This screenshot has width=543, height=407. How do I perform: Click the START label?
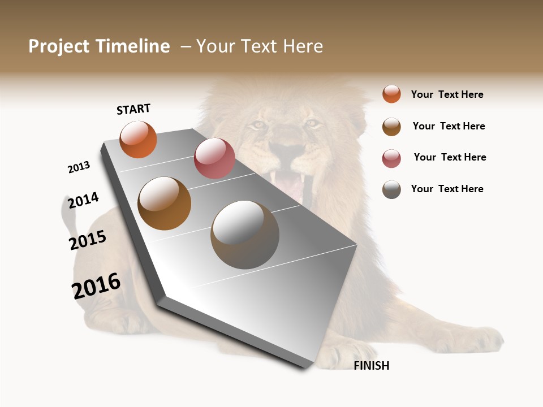(133, 109)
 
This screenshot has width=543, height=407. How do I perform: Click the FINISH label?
(371, 366)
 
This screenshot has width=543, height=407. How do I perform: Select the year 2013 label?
(79, 167)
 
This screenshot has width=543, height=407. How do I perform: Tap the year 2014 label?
(83, 200)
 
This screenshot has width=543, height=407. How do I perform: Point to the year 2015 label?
(88, 240)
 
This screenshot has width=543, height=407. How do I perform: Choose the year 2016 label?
(96, 286)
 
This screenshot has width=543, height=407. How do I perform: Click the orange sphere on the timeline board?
(138, 140)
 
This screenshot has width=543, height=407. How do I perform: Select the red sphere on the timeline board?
(214, 158)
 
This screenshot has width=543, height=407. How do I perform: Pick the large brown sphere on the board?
(165, 203)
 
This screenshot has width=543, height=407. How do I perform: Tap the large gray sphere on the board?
(245, 235)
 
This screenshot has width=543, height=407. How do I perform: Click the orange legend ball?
(391, 94)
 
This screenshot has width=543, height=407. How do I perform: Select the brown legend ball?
(391, 127)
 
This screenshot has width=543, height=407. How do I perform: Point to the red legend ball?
(391, 158)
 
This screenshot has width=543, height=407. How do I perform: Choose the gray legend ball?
(391, 189)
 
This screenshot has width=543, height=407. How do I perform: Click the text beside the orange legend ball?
(447, 94)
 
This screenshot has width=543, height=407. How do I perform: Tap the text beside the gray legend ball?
(447, 189)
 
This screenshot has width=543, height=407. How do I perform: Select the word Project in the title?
(59, 46)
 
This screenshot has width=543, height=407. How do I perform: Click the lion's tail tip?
(67, 210)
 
